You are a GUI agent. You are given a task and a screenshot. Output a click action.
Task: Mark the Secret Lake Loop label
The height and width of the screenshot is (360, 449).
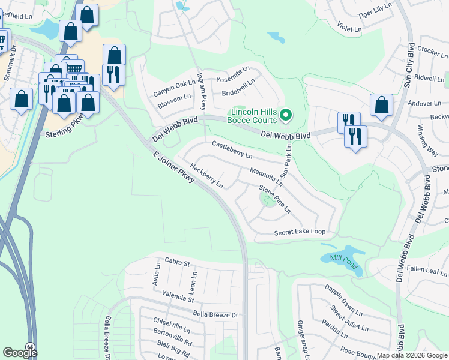299,232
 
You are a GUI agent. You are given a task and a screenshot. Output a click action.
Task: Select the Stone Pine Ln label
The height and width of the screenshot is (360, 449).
275,199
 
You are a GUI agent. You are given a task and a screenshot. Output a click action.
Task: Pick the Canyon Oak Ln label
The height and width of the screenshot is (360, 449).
175,88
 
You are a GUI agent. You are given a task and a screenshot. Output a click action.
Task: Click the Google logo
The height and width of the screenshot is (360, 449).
20,352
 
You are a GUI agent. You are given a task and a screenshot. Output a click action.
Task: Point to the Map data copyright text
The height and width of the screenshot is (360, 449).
411,355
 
